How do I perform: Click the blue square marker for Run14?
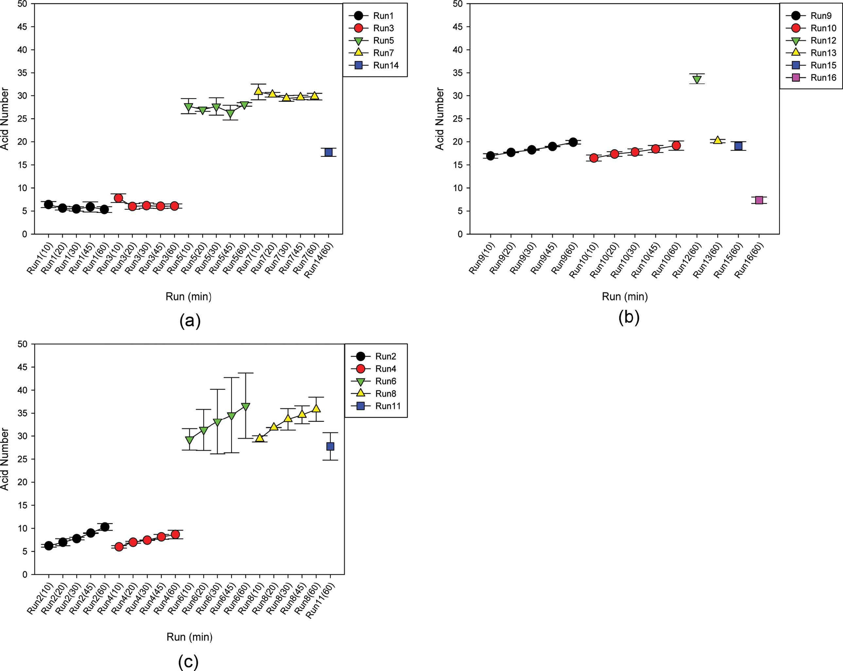click(328, 152)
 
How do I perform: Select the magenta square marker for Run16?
click(759, 200)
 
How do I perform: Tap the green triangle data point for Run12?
click(697, 80)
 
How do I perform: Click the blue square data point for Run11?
click(330, 446)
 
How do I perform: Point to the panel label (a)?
click(190, 321)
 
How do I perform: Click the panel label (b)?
click(629, 317)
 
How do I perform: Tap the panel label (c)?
click(188, 661)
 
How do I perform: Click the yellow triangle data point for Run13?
click(717, 140)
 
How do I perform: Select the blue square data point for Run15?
click(738, 146)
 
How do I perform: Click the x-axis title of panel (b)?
click(625, 297)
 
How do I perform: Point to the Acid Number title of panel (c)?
click(5, 459)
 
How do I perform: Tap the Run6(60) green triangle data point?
click(246, 407)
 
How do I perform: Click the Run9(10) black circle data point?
click(490, 156)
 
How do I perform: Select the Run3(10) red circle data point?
click(118, 198)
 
